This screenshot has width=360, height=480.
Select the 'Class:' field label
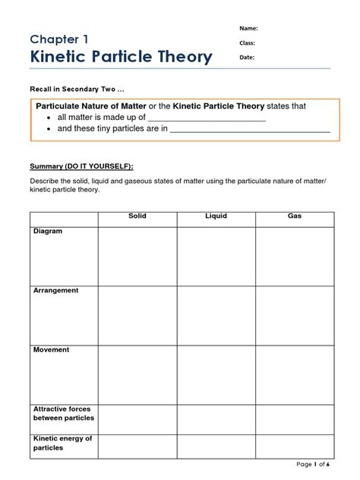pos(248,43)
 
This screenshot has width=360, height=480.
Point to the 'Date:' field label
pos(248,57)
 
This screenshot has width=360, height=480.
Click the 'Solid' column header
pos(137,216)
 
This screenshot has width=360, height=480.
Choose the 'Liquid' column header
pos(216,216)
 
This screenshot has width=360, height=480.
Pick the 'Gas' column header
pos(295,216)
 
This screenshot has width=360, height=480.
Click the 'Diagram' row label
pos(48,232)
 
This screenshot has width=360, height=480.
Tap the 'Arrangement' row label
pos(55,291)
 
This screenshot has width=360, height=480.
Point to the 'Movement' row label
pos(51,350)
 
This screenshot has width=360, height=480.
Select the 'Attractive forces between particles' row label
pos(64,414)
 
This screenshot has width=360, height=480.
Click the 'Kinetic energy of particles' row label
pos(62,443)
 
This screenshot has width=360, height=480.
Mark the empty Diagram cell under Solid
pos(137,256)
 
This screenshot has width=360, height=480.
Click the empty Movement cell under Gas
pos(295,374)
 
